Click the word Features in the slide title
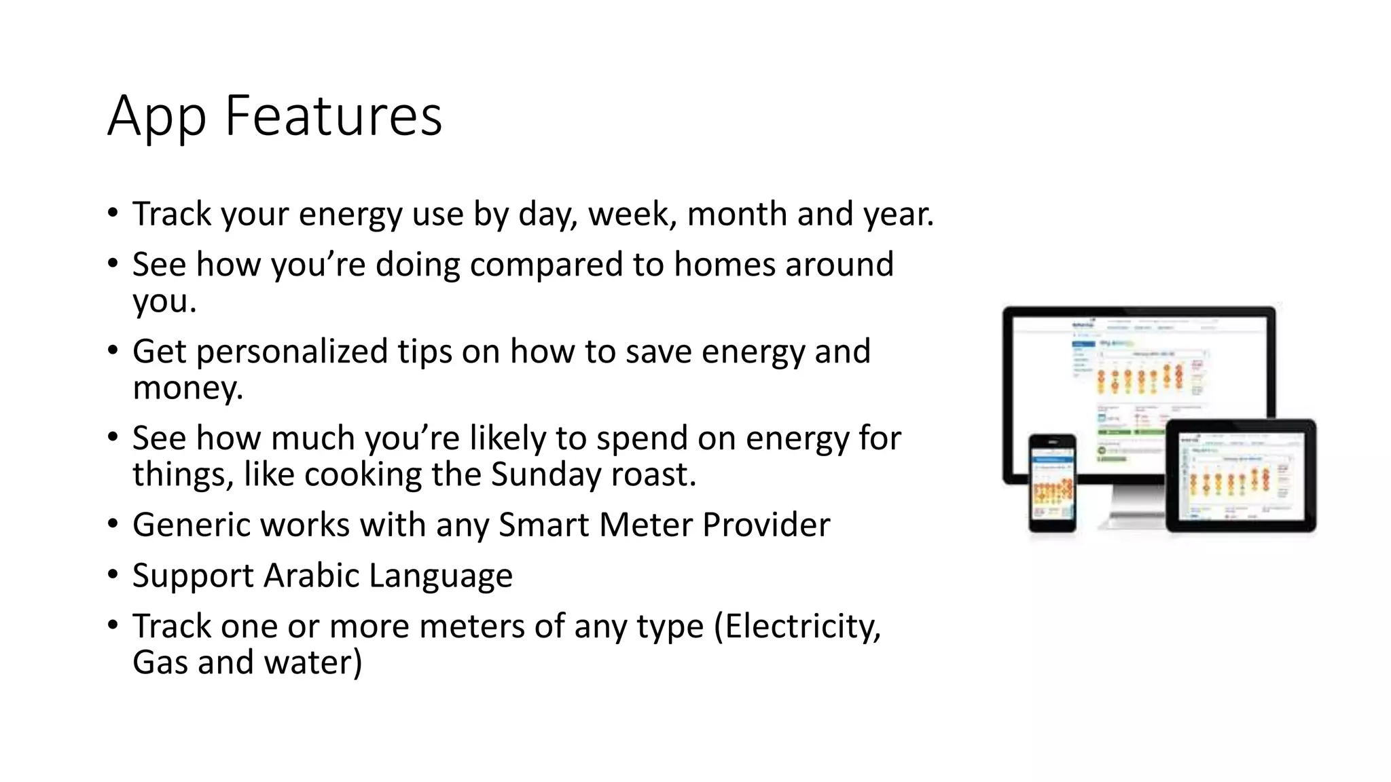333,115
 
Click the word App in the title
156,117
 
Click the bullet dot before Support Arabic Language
113,576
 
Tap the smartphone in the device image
1052,483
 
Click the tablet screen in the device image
1240,477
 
